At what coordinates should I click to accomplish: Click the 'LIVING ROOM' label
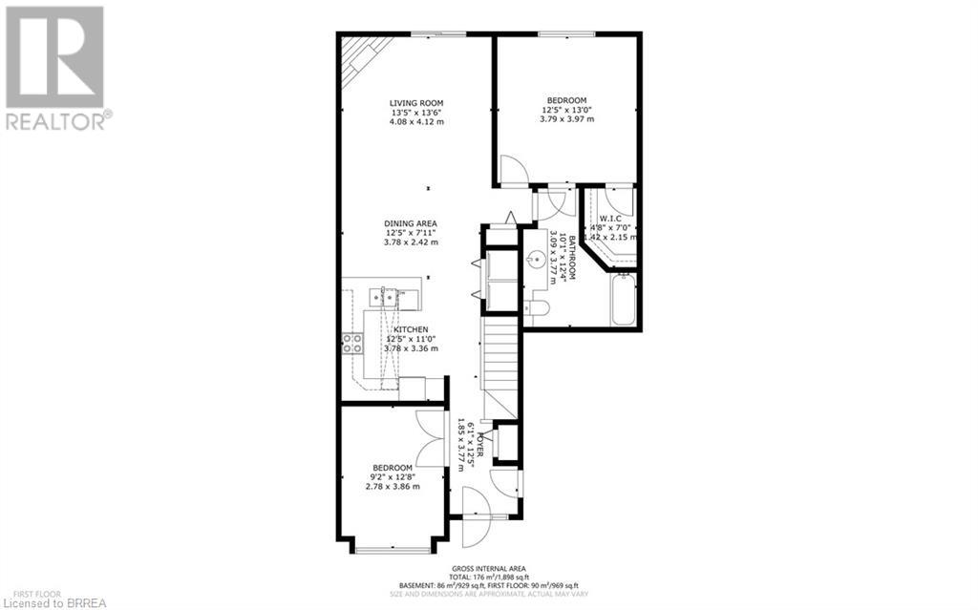pyautogui.click(x=415, y=103)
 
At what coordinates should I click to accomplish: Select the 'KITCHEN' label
pyautogui.click(x=411, y=329)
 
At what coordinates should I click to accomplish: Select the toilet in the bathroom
pyautogui.click(x=536, y=307)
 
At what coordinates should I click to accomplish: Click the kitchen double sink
pyautogui.click(x=390, y=295)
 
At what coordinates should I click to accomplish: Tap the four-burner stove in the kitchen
pyautogui.click(x=352, y=343)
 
